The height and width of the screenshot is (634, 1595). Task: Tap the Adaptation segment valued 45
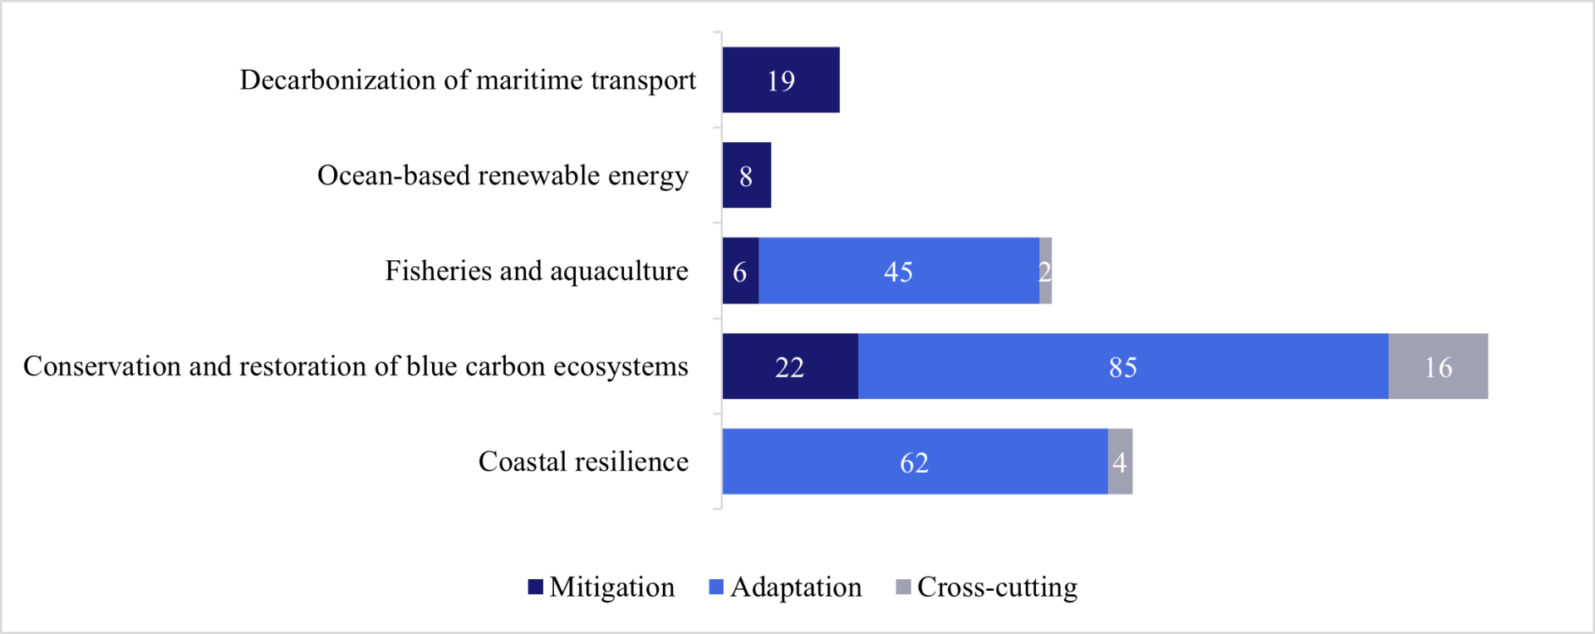click(x=898, y=271)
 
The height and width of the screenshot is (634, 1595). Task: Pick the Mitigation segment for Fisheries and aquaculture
click(x=740, y=271)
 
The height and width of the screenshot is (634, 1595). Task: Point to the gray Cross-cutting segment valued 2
click(x=1045, y=271)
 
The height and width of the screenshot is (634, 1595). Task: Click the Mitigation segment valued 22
click(x=789, y=366)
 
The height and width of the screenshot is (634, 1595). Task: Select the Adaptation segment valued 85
click(x=1122, y=366)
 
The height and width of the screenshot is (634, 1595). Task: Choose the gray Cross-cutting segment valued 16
click(x=1438, y=366)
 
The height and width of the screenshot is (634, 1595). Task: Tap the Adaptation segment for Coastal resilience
click(x=914, y=462)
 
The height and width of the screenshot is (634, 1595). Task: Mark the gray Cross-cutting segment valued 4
click(x=1120, y=462)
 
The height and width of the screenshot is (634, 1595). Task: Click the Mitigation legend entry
click(x=601, y=587)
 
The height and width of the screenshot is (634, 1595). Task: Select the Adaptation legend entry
click(x=785, y=587)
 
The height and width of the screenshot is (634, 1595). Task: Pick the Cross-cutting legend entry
click(x=987, y=587)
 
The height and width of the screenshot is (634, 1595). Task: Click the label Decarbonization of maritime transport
click(x=468, y=81)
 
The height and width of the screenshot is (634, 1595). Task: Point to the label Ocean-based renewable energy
click(x=503, y=176)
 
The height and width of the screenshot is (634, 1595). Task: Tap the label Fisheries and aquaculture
click(x=536, y=272)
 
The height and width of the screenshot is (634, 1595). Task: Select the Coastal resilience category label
click(x=583, y=462)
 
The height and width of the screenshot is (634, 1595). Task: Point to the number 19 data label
click(x=781, y=81)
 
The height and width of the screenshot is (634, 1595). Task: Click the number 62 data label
click(x=914, y=463)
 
